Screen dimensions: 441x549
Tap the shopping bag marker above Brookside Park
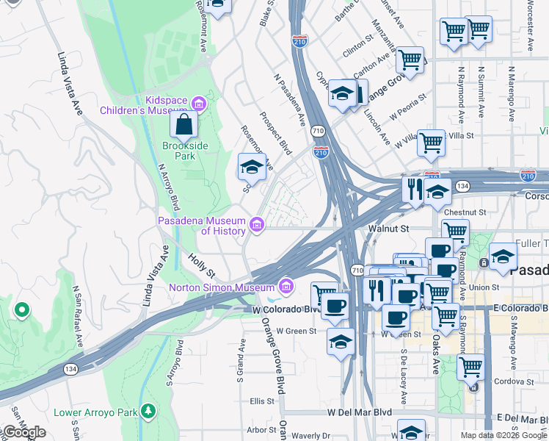click(x=183, y=125)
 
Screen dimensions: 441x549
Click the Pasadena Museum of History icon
click(x=256, y=225)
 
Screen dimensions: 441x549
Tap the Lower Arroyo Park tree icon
click(x=150, y=409)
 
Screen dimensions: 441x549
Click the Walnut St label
click(x=388, y=229)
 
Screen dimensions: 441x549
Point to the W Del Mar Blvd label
click(x=360, y=412)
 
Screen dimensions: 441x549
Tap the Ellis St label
click(x=262, y=401)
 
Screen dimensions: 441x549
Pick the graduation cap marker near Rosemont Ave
click(x=251, y=168)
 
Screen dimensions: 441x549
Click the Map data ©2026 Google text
click(x=503, y=435)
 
